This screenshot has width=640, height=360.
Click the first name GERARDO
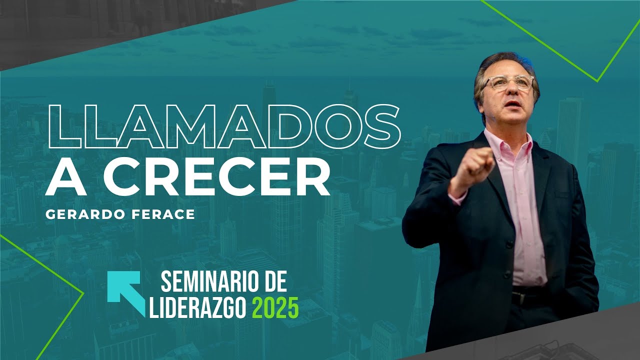(x=84, y=214)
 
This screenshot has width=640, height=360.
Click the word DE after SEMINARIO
(x=274, y=283)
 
